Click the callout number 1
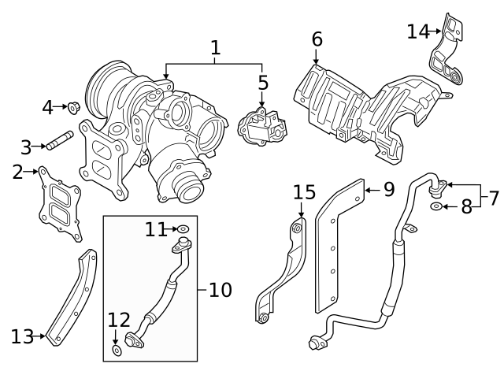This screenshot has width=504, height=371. pos(214,48)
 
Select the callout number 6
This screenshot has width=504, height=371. pos(317,39)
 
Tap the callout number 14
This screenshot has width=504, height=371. pos(417,32)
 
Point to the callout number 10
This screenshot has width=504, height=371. pos(221,290)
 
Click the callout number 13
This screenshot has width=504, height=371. pos(21,336)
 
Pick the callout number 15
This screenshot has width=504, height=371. pos(304,192)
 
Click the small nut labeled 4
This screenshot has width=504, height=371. pos(73,106)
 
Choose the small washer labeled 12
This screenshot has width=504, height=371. pos(117,349)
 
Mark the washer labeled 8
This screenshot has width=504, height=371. pos(436,207)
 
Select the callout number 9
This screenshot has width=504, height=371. pos(388,189)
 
